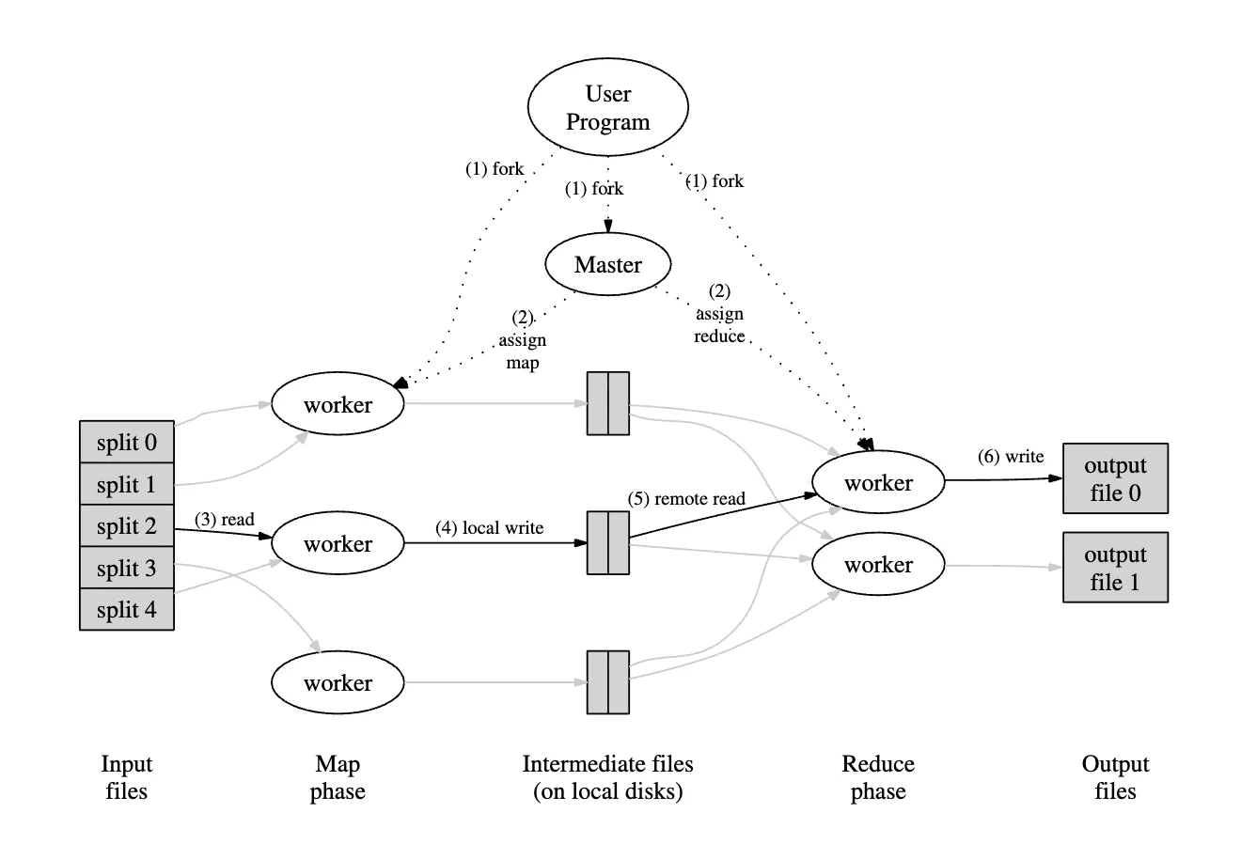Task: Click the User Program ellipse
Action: [607, 108]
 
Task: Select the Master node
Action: [607, 265]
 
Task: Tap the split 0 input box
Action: [127, 443]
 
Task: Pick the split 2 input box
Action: [127, 526]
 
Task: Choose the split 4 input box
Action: [127, 610]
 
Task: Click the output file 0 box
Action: [1115, 478]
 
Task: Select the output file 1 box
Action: [1115, 568]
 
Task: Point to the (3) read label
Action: [225, 519]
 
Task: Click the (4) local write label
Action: [489, 527]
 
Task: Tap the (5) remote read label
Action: [686, 498]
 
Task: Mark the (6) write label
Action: [1011, 457]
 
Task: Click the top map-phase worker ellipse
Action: [338, 405]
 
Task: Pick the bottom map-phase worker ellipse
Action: [338, 683]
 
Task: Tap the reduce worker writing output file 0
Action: [878, 483]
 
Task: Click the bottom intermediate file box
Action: [608, 682]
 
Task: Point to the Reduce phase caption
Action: [878, 777]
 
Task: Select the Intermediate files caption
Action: [607, 777]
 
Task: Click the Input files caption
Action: [126, 777]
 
